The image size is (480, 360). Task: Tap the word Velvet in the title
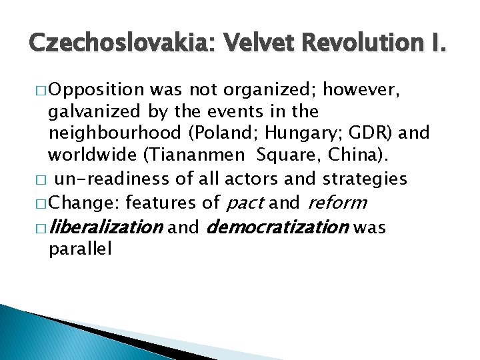[x=263, y=45]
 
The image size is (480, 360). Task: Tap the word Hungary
[x=301, y=133]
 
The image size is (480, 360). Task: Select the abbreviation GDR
[x=371, y=133]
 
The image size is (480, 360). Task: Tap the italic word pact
[x=247, y=201]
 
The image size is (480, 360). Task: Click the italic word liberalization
[x=106, y=228]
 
